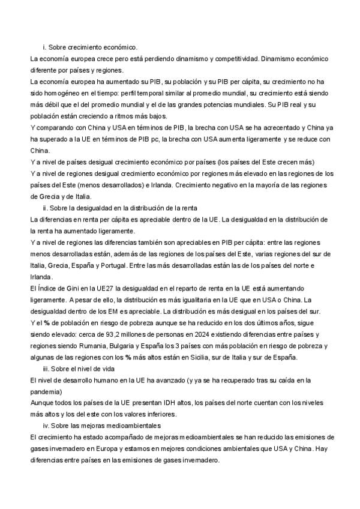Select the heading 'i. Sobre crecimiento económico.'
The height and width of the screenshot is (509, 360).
point(90,47)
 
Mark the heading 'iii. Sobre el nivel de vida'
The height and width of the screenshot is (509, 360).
point(78,368)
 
